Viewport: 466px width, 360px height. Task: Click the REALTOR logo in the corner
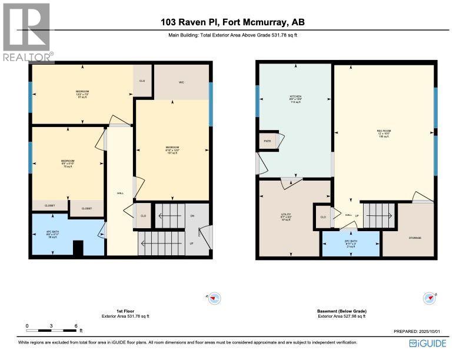point(27,32)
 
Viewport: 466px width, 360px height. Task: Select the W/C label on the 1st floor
point(182,82)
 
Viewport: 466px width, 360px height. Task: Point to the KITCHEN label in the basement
point(295,98)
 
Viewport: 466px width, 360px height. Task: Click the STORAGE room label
point(415,238)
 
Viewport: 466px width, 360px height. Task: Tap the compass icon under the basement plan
point(429,298)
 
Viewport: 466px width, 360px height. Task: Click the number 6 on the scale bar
point(76,325)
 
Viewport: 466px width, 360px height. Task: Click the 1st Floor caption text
point(125,311)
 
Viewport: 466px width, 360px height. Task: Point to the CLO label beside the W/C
point(142,81)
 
